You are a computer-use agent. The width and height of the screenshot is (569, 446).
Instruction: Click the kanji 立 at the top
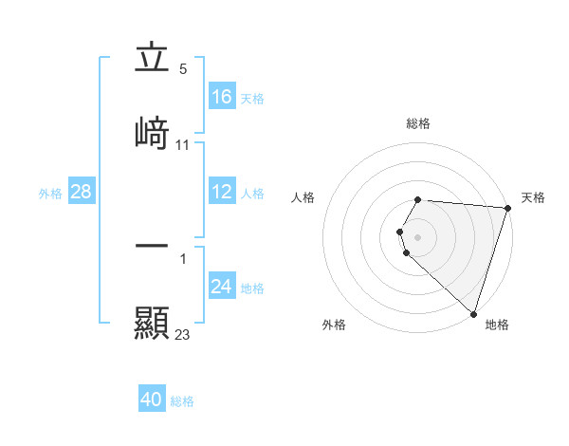[x=152, y=59]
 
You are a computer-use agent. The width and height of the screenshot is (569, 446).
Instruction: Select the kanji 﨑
[x=152, y=132]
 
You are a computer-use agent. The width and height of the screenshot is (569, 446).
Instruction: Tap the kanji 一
[x=152, y=246]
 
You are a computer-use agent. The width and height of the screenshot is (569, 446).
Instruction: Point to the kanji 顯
[x=152, y=323]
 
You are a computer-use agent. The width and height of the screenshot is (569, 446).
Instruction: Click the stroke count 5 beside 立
[x=183, y=69]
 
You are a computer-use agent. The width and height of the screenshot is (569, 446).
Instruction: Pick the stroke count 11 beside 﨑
[x=183, y=145]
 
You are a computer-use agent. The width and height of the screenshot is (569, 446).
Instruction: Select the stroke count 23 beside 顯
[x=183, y=335]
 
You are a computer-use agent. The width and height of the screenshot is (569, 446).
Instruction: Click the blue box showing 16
[x=222, y=97]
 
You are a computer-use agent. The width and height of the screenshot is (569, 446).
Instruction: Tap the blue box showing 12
[x=222, y=193]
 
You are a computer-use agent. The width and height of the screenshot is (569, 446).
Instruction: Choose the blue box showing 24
[x=222, y=287]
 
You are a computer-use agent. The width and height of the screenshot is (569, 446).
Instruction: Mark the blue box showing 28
[x=81, y=193]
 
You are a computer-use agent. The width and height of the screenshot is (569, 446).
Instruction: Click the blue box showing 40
[x=152, y=400]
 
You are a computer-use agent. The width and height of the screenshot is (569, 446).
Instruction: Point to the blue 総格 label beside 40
[x=182, y=401]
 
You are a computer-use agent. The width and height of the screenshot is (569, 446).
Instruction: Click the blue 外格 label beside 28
[x=50, y=194]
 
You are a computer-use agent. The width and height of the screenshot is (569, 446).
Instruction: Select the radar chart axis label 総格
[x=418, y=123]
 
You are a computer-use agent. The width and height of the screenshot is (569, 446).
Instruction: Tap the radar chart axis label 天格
[x=533, y=197]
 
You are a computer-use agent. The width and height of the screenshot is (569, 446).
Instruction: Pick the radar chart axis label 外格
[x=334, y=325]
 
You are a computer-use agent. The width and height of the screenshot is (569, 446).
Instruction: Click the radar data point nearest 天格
[x=507, y=208]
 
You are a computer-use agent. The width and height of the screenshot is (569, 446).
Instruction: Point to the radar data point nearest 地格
[x=473, y=313]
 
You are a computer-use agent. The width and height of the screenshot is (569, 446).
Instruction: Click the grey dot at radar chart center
[x=418, y=236]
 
